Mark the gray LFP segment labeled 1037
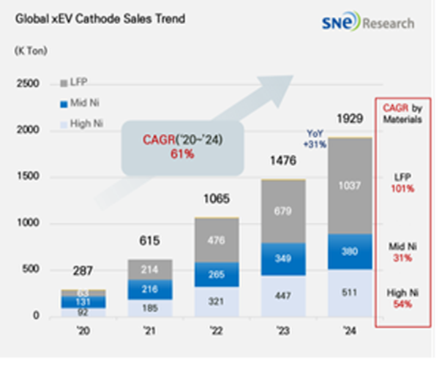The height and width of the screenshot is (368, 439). (349, 186)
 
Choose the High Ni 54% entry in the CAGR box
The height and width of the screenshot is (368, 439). (402, 298)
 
